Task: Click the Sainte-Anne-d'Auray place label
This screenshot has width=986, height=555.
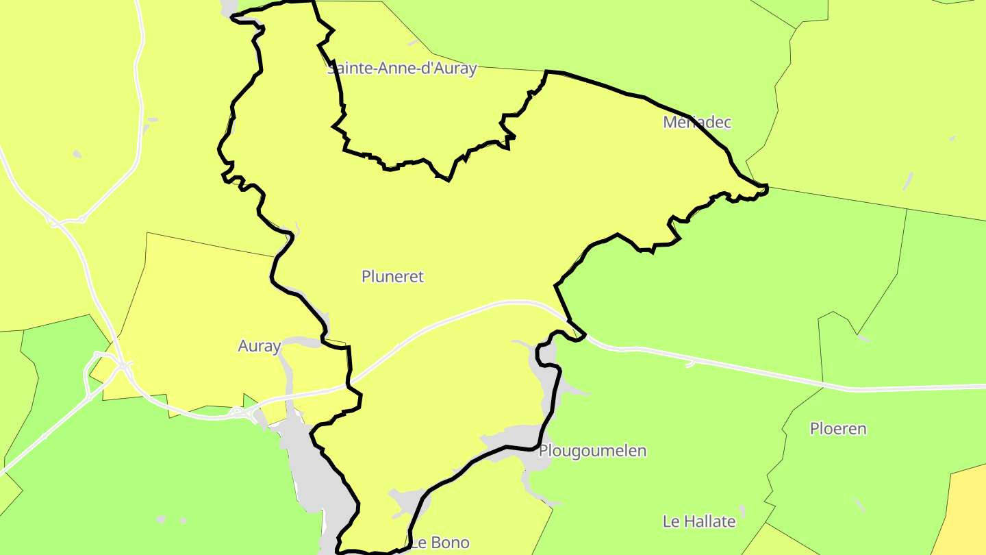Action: point(402,69)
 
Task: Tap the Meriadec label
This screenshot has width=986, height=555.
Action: point(697,123)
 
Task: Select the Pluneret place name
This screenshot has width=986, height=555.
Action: point(392,277)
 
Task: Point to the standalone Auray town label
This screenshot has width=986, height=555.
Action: point(259,347)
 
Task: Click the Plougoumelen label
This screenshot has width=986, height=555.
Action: point(592,451)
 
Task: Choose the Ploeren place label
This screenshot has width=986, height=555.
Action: point(838,429)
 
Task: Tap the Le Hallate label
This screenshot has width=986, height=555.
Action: point(699,521)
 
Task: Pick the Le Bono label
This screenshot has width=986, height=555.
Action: point(440,543)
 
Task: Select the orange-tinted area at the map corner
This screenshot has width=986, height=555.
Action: point(965,514)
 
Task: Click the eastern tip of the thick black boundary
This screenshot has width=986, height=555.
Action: point(767,186)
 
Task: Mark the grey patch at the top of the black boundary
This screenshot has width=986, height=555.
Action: point(228,8)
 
